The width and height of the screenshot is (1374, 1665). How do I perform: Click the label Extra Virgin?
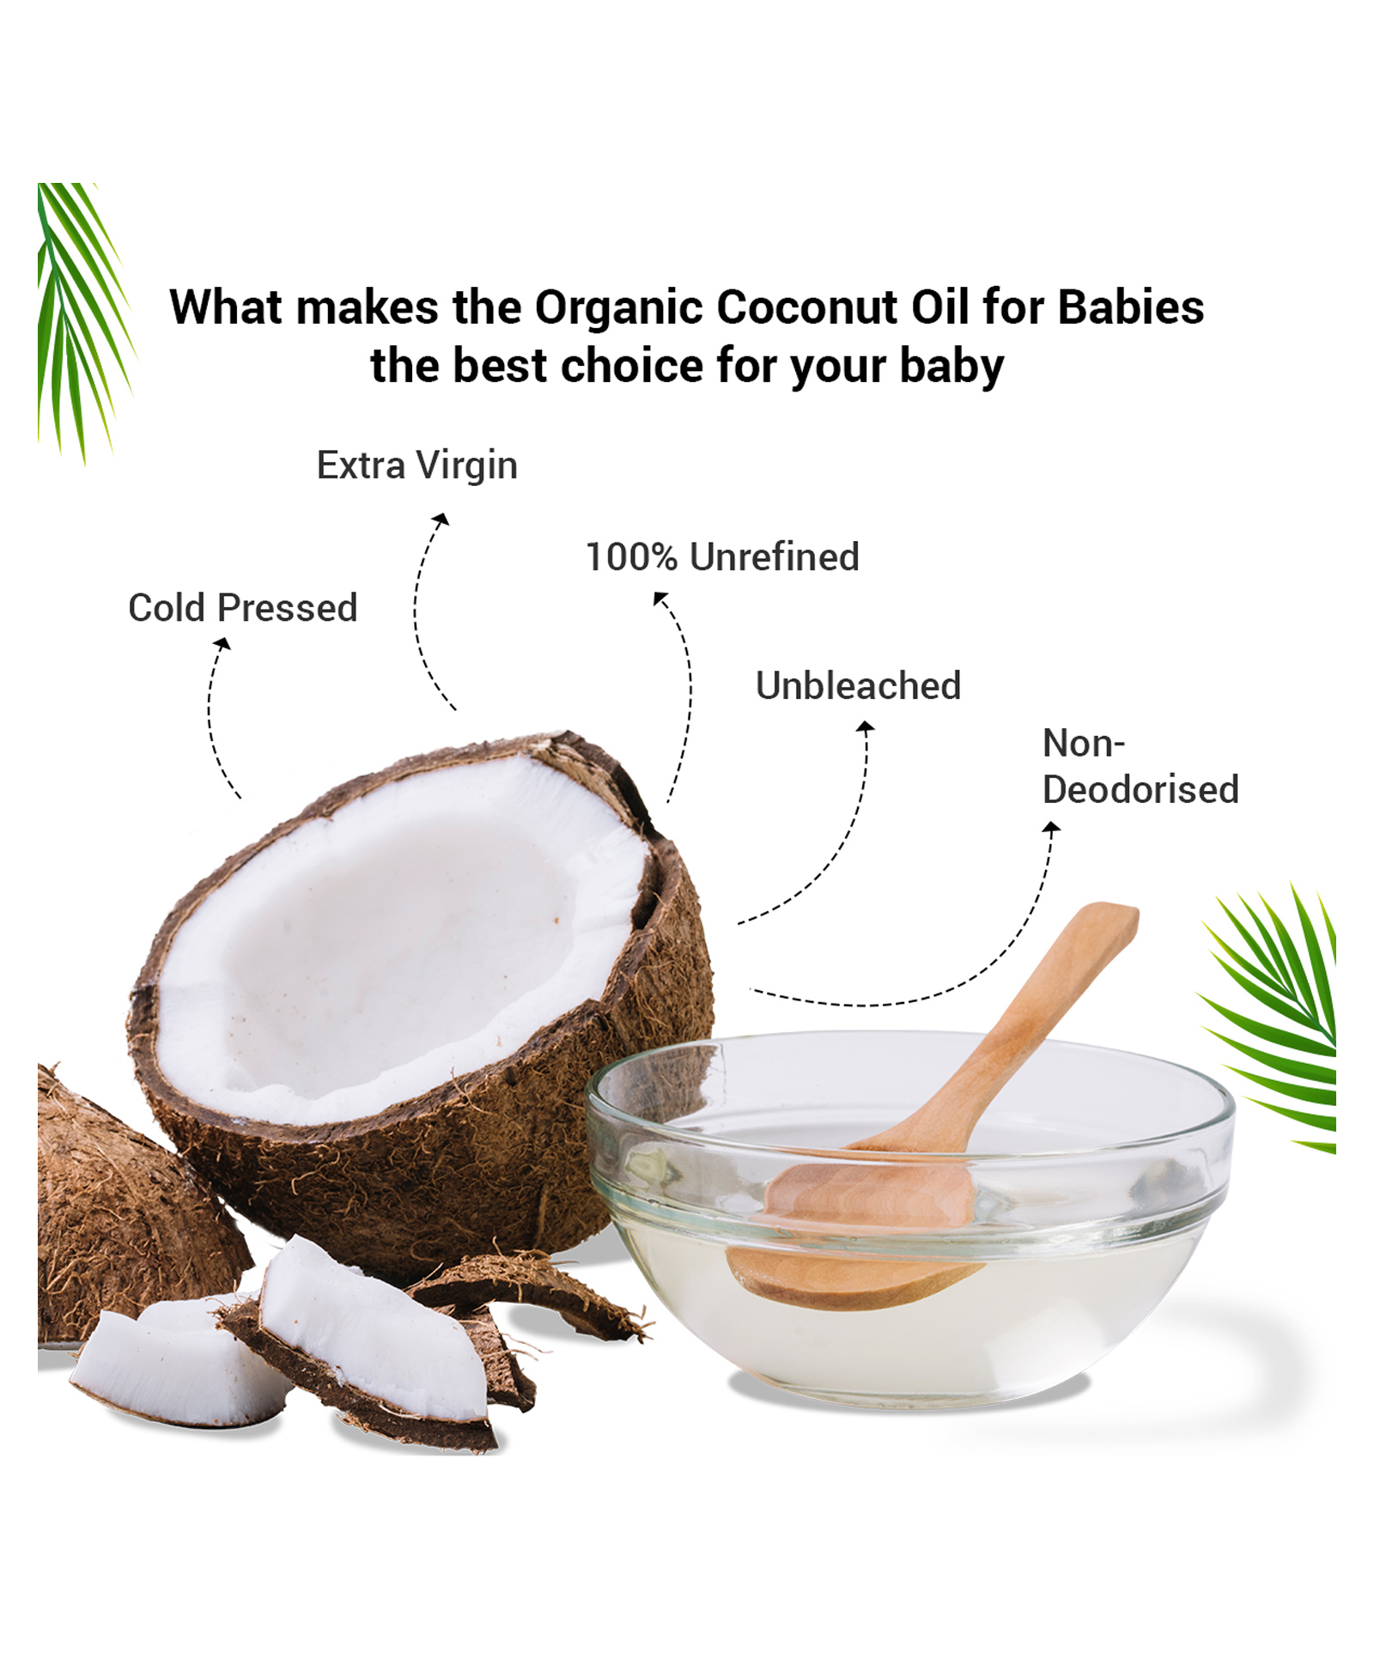[417, 465]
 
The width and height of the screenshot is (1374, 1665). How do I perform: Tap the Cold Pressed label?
[243, 608]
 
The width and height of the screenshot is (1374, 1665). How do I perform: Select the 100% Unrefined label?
[722, 556]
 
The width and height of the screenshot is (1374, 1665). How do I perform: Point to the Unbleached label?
[858, 685]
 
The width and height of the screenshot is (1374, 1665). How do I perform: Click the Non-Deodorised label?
[1140, 767]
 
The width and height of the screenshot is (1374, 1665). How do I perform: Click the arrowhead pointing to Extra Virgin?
[441, 519]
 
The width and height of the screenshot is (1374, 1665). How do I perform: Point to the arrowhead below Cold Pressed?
[222, 643]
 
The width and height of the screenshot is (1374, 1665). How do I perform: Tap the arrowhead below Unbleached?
[866, 727]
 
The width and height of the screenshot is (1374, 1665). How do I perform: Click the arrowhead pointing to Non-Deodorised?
[1051, 828]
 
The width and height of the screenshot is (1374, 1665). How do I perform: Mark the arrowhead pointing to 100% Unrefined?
[660, 598]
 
